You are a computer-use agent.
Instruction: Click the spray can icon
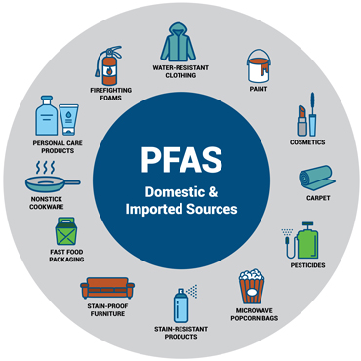tap(180, 305)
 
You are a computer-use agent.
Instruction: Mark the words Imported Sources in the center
tap(181, 209)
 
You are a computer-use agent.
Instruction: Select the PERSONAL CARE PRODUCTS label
tap(55, 147)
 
